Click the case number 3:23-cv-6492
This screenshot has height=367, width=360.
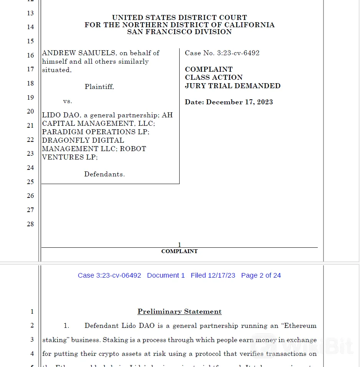[x=238, y=53]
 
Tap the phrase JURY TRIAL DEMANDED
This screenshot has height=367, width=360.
[x=233, y=86]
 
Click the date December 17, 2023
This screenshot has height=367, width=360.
[x=239, y=102]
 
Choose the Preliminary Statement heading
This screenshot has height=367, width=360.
[x=180, y=311]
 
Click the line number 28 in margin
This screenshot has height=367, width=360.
[x=30, y=224]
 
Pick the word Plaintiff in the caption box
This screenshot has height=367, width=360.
[x=99, y=87]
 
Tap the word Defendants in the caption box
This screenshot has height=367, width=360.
[x=104, y=174]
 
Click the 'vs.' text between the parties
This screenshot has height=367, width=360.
[x=68, y=101]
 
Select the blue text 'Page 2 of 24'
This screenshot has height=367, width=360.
[x=261, y=275]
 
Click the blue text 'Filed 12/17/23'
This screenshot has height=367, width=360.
[x=213, y=275]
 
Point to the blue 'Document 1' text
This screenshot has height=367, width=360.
[x=166, y=275]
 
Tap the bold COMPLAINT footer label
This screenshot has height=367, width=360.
[x=179, y=251]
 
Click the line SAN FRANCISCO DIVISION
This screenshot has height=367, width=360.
[x=180, y=32]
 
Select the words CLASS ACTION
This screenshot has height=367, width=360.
[x=214, y=77]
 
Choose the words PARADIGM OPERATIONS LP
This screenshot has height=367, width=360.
[x=96, y=132]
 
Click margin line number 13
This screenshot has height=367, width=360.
[x=30, y=13]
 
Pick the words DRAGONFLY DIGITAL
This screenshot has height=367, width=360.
[x=83, y=140]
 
